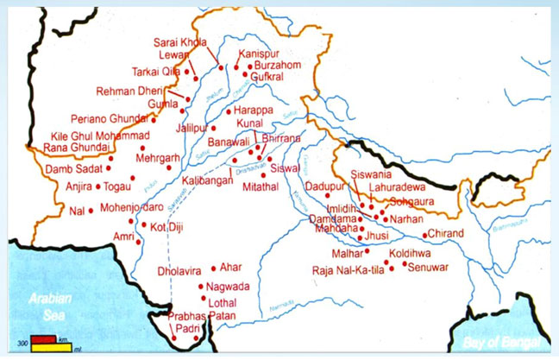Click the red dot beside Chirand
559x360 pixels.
[x=424, y=234]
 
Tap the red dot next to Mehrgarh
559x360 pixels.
[x=169, y=167]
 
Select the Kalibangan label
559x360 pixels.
[x=209, y=180]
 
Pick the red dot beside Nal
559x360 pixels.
[x=91, y=210]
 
